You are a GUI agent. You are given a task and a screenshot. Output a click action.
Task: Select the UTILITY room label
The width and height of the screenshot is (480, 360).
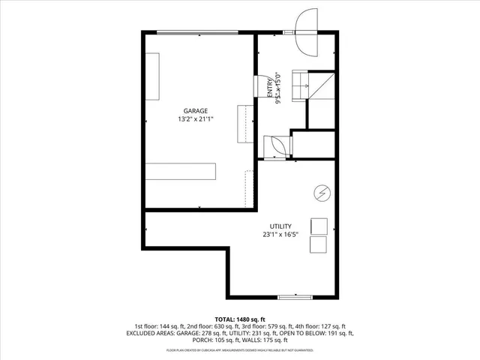280,226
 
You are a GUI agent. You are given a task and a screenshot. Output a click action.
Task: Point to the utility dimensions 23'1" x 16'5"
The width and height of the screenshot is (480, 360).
280,235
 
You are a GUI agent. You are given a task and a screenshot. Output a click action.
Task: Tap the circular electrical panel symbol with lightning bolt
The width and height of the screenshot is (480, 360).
320,193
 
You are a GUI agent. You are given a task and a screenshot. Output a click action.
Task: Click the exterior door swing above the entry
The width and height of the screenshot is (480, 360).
307,33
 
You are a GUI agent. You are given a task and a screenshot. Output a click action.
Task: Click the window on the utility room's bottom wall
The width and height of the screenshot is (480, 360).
295,297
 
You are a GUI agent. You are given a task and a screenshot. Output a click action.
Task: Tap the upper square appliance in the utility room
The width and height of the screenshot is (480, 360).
319,226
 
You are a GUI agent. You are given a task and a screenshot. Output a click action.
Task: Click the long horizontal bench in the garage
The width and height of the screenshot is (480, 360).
181,172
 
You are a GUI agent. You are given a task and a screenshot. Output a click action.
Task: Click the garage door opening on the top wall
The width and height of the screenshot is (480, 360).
197,31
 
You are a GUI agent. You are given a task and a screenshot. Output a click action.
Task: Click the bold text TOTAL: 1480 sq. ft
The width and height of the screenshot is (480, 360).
239,319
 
